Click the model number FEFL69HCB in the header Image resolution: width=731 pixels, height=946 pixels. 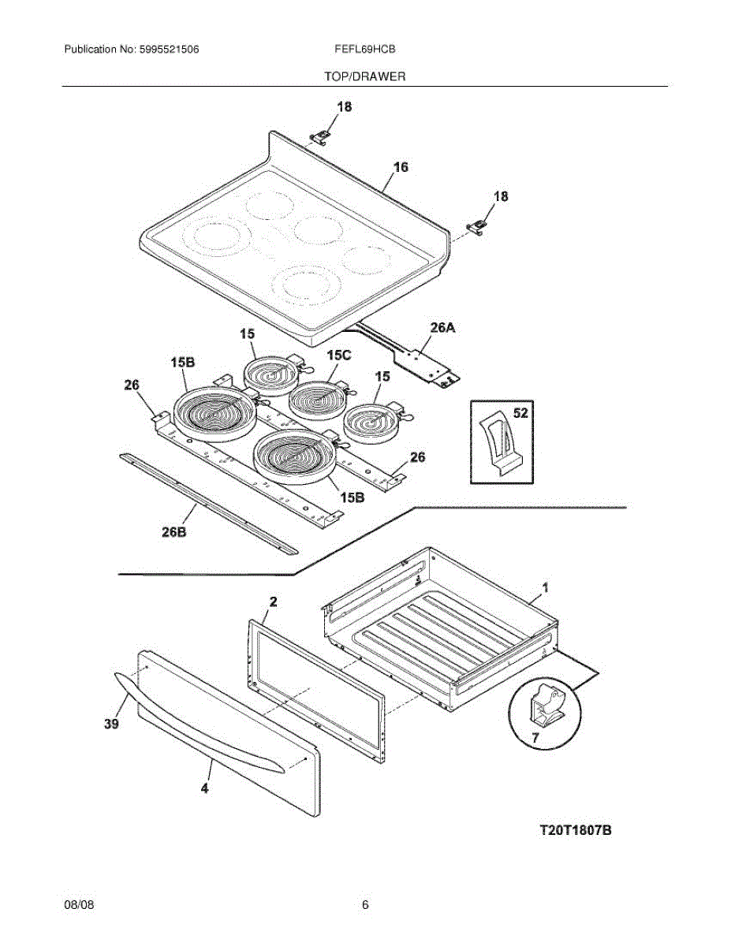(364, 49)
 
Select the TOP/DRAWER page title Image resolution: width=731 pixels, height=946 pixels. (364, 76)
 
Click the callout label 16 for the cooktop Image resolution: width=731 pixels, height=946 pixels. (401, 167)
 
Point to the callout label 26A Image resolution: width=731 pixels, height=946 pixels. (443, 326)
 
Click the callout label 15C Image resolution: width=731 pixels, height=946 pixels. (338, 356)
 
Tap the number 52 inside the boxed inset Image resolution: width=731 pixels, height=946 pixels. (521, 413)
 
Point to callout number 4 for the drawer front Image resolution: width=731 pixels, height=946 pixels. (204, 788)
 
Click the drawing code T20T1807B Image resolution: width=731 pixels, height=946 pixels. (576, 830)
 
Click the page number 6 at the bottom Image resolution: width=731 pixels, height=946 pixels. (365, 905)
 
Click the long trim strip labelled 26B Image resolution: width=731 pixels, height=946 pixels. (209, 502)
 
